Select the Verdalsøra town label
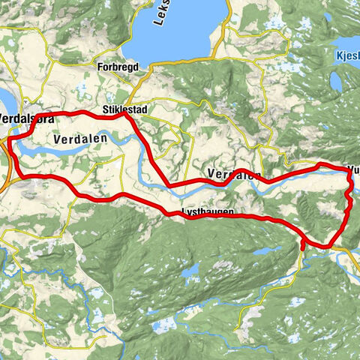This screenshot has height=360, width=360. point(27,119)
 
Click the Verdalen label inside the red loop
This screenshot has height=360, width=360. point(81,139)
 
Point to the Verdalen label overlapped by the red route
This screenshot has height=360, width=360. point(233,175)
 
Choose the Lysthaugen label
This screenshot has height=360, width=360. point(207,212)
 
